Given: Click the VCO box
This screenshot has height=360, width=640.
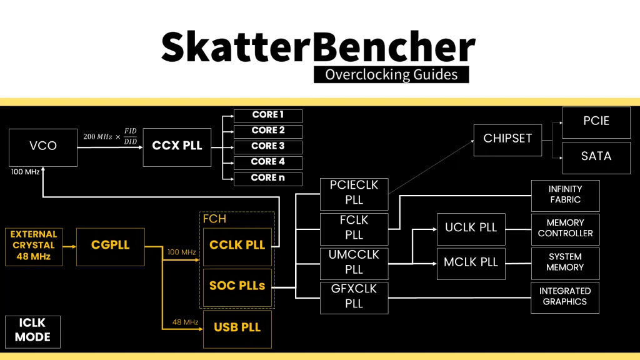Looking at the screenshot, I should click(x=43, y=146).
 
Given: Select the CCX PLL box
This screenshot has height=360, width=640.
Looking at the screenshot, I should click(x=177, y=146).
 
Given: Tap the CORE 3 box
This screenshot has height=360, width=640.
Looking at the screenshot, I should click(x=267, y=146).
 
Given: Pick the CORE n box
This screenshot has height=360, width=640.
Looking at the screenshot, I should click(x=267, y=178).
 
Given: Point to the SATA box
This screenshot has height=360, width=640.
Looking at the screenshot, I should click(x=596, y=156).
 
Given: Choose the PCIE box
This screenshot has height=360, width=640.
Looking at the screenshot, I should click(x=596, y=121).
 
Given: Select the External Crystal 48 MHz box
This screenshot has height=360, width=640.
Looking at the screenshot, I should click(x=34, y=246).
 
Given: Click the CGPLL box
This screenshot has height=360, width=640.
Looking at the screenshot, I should click(x=110, y=246).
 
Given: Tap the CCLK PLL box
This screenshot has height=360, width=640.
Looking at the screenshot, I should click(x=237, y=246).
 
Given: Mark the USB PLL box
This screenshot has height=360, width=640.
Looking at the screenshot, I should click(x=237, y=328).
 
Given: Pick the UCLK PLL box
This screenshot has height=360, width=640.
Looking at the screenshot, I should click(x=471, y=228).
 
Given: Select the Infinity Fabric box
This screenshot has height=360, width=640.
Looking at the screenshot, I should click(x=565, y=195).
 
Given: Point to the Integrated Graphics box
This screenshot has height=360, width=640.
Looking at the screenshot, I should click(x=565, y=296).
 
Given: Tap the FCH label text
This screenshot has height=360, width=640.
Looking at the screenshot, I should click(x=214, y=219).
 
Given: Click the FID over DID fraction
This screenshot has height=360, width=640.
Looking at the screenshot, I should click(x=130, y=136).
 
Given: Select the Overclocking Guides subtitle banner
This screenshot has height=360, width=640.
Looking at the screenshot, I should click(x=391, y=75).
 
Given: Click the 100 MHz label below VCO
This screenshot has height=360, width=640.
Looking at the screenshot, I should click(x=26, y=172).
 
